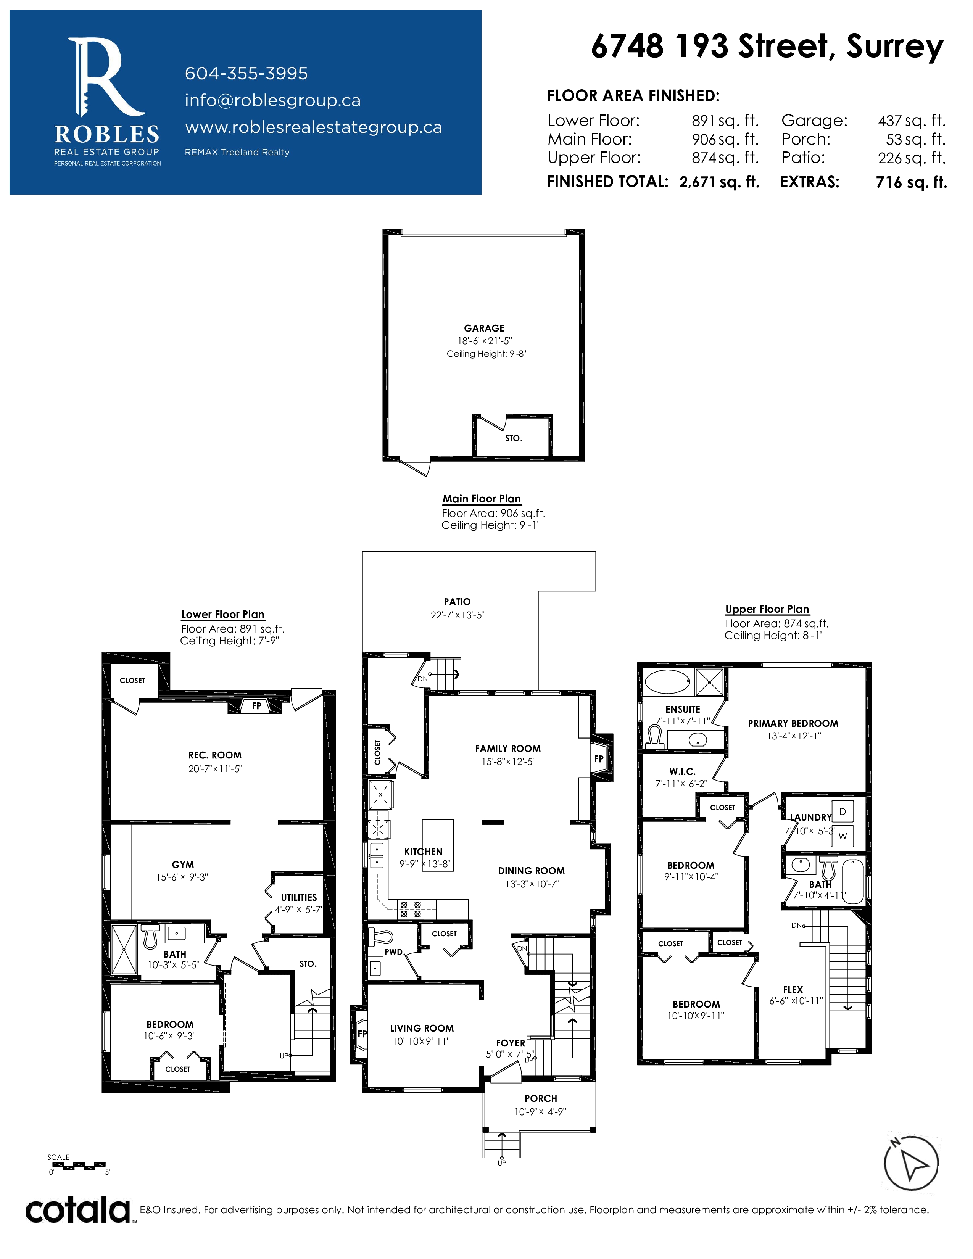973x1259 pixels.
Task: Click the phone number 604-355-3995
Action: [x=246, y=73]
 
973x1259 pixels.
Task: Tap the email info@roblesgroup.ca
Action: [x=273, y=100]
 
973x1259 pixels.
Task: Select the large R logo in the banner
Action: [x=105, y=77]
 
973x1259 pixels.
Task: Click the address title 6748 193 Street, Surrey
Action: [x=767, y=46]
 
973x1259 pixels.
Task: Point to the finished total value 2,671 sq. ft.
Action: [x=719, y=182]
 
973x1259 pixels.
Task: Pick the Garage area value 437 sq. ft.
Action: [x=912, y=121]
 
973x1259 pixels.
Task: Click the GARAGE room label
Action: [x=484, y=328]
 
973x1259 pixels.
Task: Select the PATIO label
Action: [x=457, y=602]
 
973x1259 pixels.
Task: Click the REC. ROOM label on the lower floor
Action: [x=214, y=755]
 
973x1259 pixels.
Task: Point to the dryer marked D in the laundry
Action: [x=843, y=811]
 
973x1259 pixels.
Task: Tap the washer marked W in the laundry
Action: [x=843, y=836]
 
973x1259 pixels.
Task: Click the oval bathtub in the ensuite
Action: [x=667, y=682]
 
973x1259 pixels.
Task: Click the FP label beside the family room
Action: [x=599, y=759]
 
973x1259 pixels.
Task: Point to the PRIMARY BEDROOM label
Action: [x=793, y=723]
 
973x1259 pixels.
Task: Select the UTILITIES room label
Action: [x=299, y=898]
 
